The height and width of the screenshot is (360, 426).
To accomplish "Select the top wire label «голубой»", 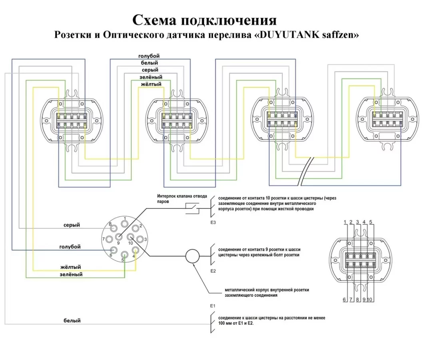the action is pyautogui.click(x=149, y=56).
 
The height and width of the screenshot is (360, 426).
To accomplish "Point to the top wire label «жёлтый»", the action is pyautogui.click(x=151, y=84).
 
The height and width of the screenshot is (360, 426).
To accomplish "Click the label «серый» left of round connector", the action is pyautogui.click(x=72, y=225).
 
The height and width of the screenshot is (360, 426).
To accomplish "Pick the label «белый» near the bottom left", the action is pyautogui.click(x=72, y=320).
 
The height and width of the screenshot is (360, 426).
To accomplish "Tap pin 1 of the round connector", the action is pyautogui.click(x=125, y=224).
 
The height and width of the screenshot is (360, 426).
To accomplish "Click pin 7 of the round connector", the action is pyautogui.click(x=109, y=239).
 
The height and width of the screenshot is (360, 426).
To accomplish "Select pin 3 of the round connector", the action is pyautogui.click(x=140, y=239).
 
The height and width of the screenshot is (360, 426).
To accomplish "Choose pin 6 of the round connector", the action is pyautogui.click(x=113, y=250).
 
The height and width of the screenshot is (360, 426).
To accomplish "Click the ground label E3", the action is pyautogui.click(x=213, y=222).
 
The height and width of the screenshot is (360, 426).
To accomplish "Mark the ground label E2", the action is pyautogui.click(x=213, y=271).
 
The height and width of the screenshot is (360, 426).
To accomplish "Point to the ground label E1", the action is pyautogui.click(x=213, y=306).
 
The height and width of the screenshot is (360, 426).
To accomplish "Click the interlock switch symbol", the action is pyautogui.click(x=192, y=208).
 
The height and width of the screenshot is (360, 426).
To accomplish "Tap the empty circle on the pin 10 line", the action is pyautogui.click(x=192, y=256).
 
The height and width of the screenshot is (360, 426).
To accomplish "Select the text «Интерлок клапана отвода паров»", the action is pyautogui.click(x=182, y=199).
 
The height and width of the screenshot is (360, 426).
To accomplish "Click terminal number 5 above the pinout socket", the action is pyautogui.click(x=370, y=222).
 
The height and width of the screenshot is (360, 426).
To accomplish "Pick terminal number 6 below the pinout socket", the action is pyautogui.click(x=344, y=300).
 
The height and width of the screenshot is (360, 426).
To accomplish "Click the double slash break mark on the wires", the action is pyautogui.click(x=306, y=172).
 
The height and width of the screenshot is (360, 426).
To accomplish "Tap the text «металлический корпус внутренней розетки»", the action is pyautogui.click(x=267, y=290).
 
